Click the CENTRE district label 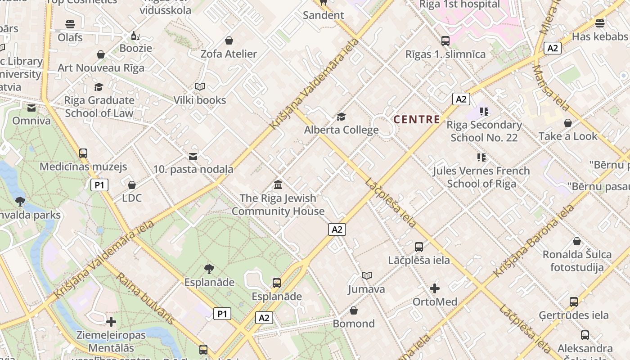pos(417,119)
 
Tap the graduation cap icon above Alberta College pos(341,117)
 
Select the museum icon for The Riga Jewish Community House pos(278,184)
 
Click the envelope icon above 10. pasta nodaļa pos(193,157)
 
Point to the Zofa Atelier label pos(229,54)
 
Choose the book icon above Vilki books pos(199,86)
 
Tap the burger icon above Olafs pos(70,24)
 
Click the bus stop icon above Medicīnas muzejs pos(83,153)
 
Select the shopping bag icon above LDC pos(132,185)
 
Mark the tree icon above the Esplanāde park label pos(209,269)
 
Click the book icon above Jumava pos(367,275)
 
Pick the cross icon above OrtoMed pos(435,288)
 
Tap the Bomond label pos(354,324)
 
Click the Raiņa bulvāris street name pos(145,298)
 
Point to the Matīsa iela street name pos(551,88)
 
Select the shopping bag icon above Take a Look pos(568,123)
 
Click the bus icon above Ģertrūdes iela pos(573,301)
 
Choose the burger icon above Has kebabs pos(599,23)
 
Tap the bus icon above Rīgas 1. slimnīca pos(445,41)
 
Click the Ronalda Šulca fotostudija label pos(577,261)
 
